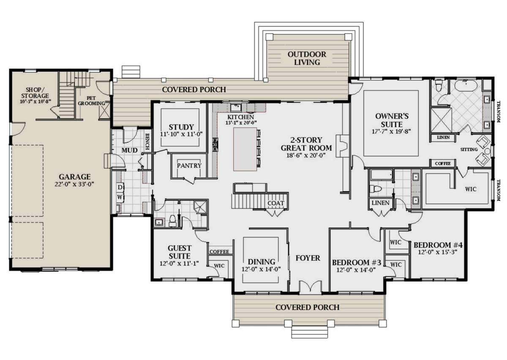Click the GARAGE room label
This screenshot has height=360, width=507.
click(75, 177)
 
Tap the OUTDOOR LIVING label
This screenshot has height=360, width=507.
click(307, 58)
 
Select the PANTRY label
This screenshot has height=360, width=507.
click(189, 166)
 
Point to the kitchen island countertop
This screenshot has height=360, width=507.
click(245, 149)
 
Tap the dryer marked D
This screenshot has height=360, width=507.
click(120, 187)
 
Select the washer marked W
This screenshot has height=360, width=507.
click(120, 197)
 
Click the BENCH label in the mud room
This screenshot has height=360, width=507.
click(147, 142)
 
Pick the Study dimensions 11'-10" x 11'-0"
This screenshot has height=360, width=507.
click(181, 134)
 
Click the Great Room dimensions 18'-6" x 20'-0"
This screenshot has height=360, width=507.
click(306, 155)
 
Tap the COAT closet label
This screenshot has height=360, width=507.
click(275, 203)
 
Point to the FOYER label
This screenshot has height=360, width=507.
click(308, 258)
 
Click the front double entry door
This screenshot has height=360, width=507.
click(310, 286)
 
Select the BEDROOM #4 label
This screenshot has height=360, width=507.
click(438, 245)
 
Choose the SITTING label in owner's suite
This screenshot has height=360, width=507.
click(469, 150)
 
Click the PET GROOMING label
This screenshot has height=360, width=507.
click(91, 101)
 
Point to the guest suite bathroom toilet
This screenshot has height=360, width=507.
click(172, 220)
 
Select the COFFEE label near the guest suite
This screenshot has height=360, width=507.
click(219, 251)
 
